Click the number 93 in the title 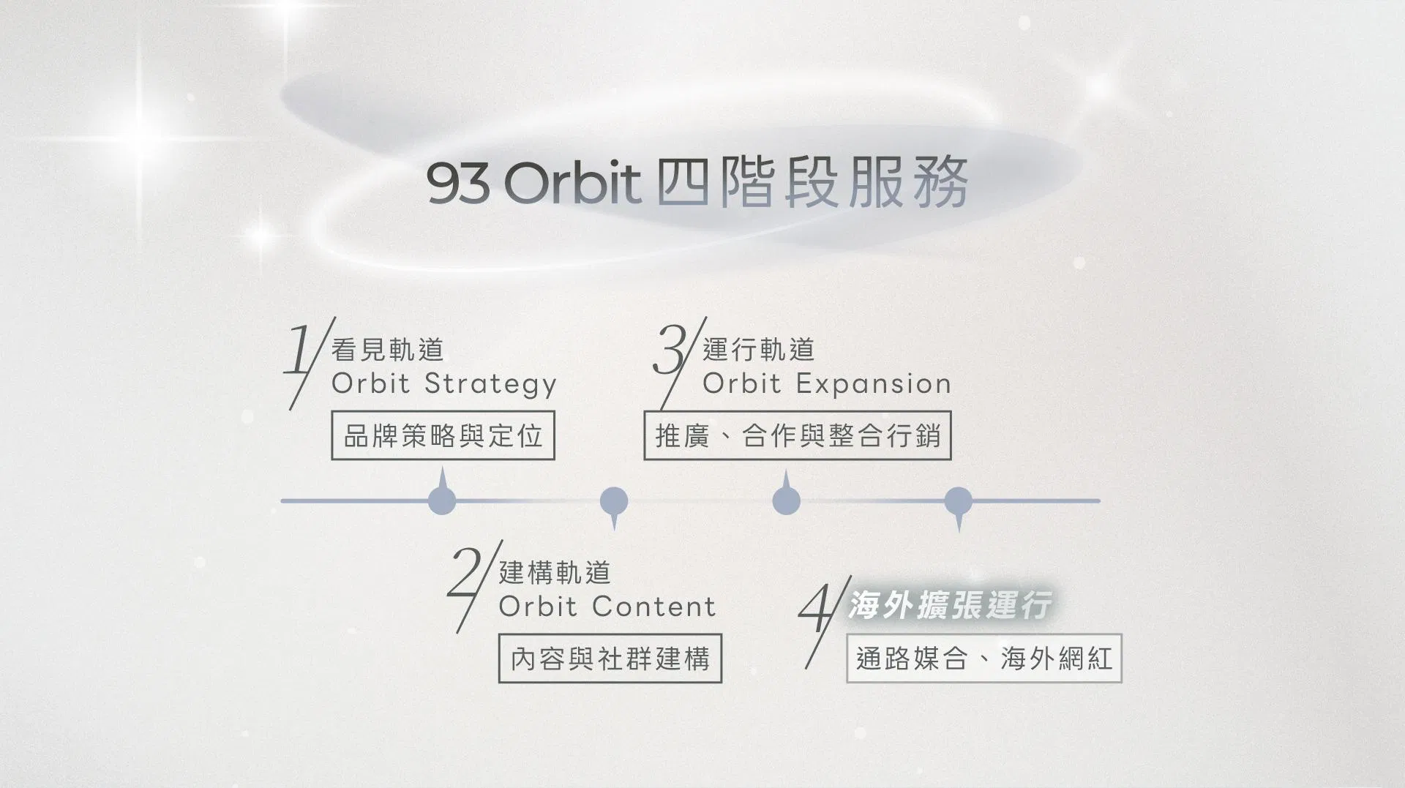(x=458, y=183)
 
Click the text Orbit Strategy (x=444, y=384)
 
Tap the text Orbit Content (x=607, y=607)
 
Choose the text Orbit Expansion (x=827, y=384)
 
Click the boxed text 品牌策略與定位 (x=443, y=436)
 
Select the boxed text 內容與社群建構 (x=610, y=658)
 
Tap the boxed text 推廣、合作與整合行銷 (x=798, y=436)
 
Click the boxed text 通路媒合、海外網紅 (x=984, y=658)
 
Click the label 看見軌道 (x=388, y=350)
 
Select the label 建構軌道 (x=555, y=573)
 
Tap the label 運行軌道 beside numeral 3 (x=759, y=350)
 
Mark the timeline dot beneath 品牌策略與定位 (x=442, y=500)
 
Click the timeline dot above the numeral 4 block (x=959, y=502)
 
